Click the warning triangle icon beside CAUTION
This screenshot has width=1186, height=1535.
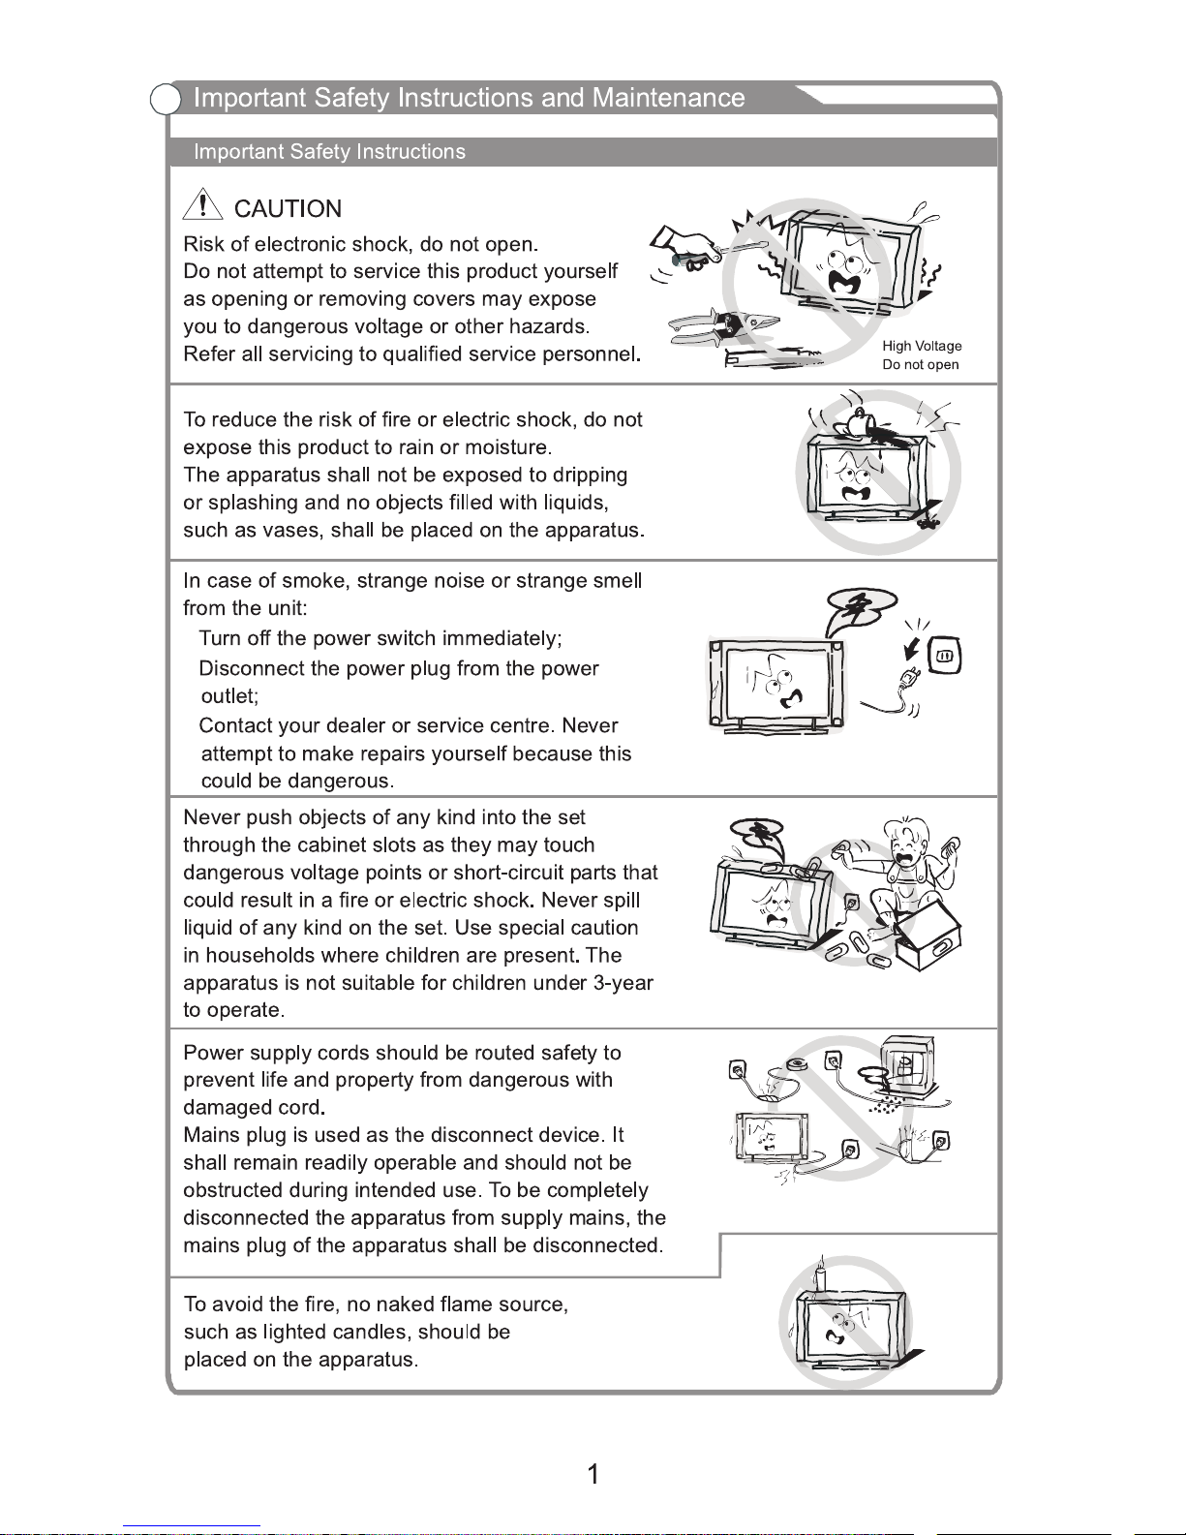tap(202, 204)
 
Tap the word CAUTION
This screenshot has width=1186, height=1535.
tap(288, 209)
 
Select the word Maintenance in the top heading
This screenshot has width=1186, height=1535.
tap(669, 98)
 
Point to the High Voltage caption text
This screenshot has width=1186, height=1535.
tap(922, 346)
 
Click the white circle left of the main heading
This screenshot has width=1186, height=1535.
tap(166, 99)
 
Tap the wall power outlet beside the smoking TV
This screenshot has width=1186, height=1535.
tap(945, 656)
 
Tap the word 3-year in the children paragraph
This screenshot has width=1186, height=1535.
tap(623, 983)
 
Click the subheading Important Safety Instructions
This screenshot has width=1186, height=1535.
tap(330, 152)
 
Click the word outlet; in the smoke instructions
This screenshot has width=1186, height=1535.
tap(230, 696)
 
